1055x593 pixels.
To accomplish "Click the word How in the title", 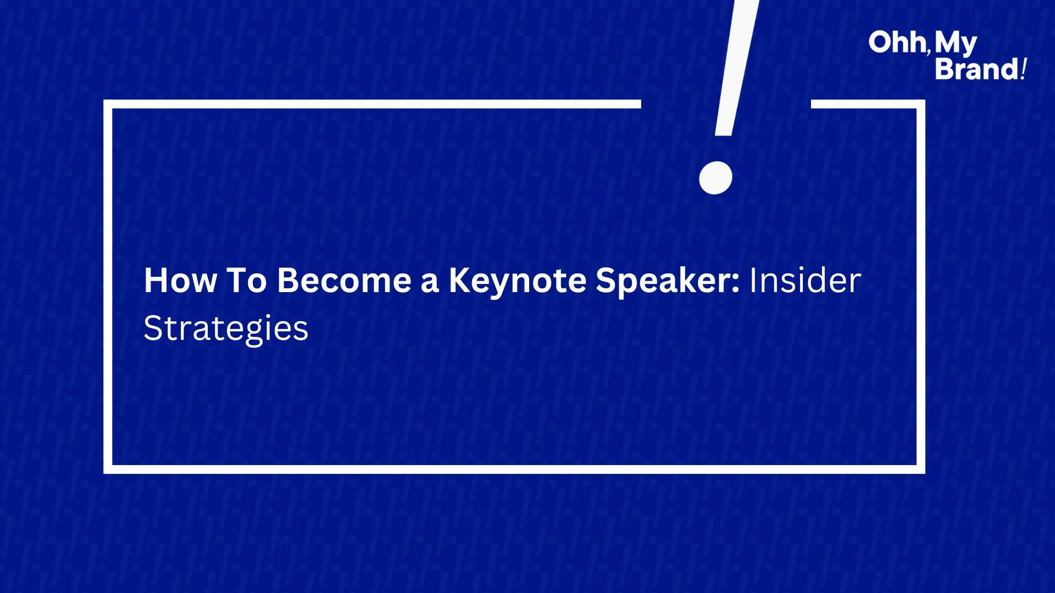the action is point(180,281).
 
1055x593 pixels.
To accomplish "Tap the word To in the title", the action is point(247,281).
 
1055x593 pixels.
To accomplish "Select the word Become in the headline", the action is point(345,281).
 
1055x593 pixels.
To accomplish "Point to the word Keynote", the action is point(518,282).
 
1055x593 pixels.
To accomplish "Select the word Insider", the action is point(805,281).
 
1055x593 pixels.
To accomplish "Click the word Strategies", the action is point(226,329).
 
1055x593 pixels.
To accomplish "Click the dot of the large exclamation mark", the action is point(715,178).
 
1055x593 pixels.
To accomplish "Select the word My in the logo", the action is point(956,44).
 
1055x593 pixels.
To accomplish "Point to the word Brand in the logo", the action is point(977,69).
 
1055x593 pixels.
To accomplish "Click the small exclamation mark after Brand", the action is point(1023,69).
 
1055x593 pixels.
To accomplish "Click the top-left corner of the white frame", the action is point(108,104).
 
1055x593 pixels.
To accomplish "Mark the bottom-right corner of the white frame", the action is point(921,469).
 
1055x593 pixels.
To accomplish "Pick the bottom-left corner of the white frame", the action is point(108,469).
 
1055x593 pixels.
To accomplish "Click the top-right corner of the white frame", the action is point(921,104).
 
